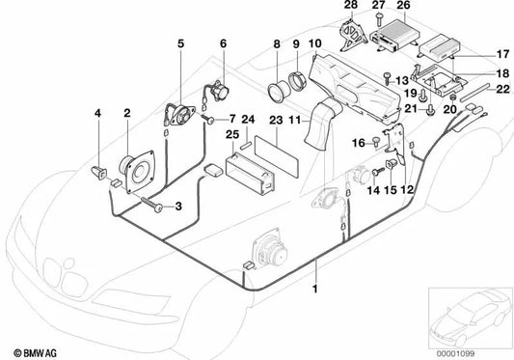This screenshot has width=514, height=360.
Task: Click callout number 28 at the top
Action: [x=351, y=5]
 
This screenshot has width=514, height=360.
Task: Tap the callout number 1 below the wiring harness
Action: [x=315, y=290]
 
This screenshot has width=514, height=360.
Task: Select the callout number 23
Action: [x=276, y=120]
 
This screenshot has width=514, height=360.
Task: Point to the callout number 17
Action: [x=502, y=54]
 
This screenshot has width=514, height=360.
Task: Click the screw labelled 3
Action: [x=151, y=204]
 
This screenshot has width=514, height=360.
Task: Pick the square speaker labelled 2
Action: [x=137, y=172]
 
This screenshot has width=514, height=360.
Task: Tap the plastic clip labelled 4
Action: [x=99, y=173]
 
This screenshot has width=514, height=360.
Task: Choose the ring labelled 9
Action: [x=298, y=81]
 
